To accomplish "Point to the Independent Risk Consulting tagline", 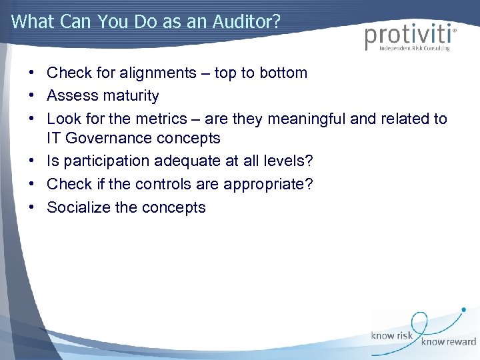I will [414, 48].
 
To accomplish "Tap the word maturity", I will [131, 96].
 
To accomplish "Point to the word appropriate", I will [265, 185].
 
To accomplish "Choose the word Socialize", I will [79, 207].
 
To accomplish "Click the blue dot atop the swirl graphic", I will [463, 310].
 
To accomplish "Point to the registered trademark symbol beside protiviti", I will [455, 29].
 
